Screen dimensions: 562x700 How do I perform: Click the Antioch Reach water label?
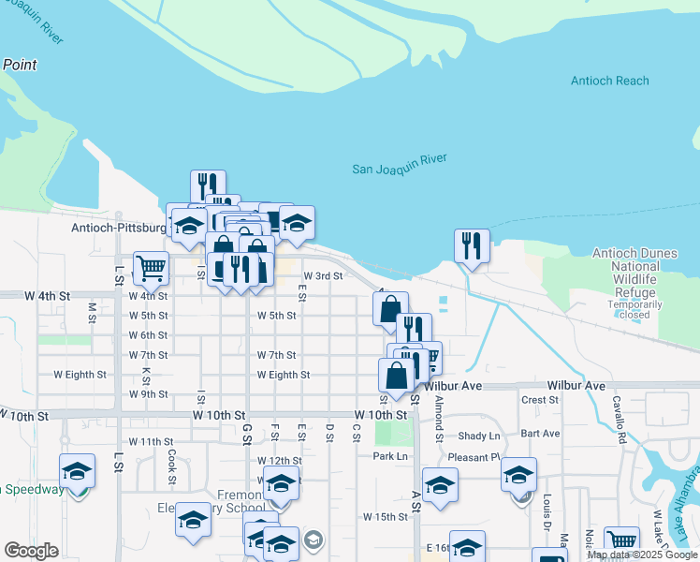coord(609,81)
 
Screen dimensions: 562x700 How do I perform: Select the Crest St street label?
coord(540,400)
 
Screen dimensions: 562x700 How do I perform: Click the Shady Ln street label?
coord(479,436)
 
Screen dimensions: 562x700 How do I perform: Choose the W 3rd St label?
coord(324,276)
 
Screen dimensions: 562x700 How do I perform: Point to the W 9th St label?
coord(149,394)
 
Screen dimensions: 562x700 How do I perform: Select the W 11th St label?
coord(151,441)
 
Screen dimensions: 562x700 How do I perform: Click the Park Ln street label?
coord(391,456)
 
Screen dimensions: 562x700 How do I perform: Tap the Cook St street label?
coord(172,460)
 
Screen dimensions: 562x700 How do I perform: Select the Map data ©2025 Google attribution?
coord(642,555)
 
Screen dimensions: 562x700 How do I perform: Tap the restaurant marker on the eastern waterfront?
coord(472,245)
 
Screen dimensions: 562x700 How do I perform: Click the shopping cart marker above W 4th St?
coord(151,267)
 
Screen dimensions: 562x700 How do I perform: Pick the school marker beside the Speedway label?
coord(78,471)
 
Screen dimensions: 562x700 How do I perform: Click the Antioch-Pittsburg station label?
coord(117,228)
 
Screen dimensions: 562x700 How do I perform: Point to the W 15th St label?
coord(386,517)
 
